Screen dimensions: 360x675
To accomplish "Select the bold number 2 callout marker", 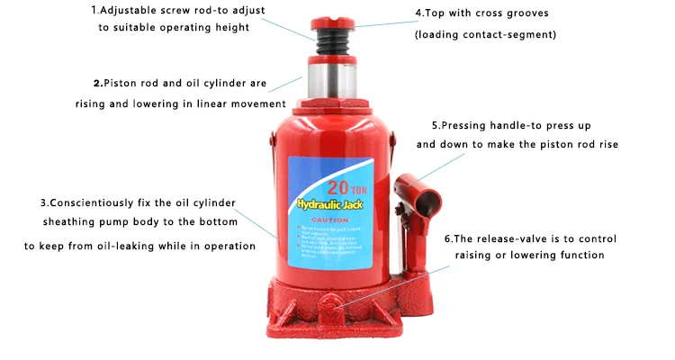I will (96, 83).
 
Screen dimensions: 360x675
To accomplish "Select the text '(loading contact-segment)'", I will (485, 35).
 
